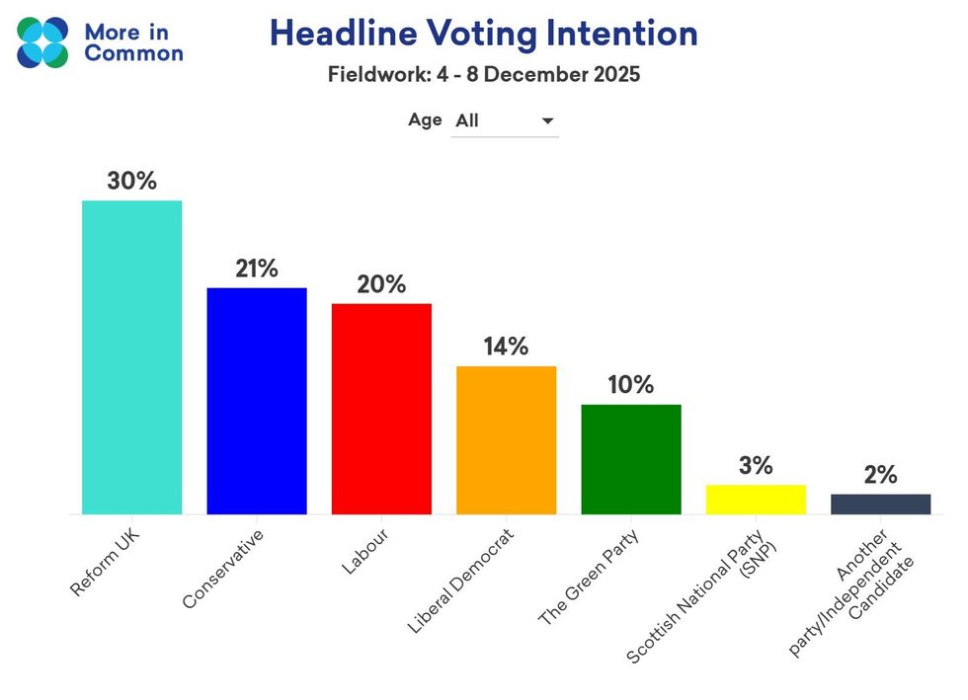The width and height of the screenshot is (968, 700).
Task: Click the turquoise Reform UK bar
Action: (131, 356)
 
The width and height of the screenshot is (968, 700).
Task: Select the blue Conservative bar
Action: (256, 400)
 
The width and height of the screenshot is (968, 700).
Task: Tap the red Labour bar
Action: (381, 408)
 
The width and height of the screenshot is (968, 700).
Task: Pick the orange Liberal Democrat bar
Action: (506, 439)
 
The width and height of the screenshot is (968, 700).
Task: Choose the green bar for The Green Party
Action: (630, 459)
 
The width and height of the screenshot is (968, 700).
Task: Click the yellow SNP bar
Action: (756, 499)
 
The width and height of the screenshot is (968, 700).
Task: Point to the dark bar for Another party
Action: (880, 504)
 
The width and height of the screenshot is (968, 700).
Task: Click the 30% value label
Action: (132, 182)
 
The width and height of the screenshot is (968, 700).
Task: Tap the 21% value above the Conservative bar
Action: (257, 269)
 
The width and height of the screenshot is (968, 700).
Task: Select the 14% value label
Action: (506, 347)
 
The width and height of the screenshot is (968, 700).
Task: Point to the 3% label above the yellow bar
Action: (756, 465)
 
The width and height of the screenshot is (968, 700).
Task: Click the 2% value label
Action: (880, 474)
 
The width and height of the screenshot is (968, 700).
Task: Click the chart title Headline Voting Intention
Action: (483, 34)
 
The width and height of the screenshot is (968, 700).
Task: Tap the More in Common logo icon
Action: (43, 41)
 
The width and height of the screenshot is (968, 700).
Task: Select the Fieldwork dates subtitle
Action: (483, 75)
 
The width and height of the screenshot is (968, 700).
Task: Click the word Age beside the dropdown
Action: (425, 120)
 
